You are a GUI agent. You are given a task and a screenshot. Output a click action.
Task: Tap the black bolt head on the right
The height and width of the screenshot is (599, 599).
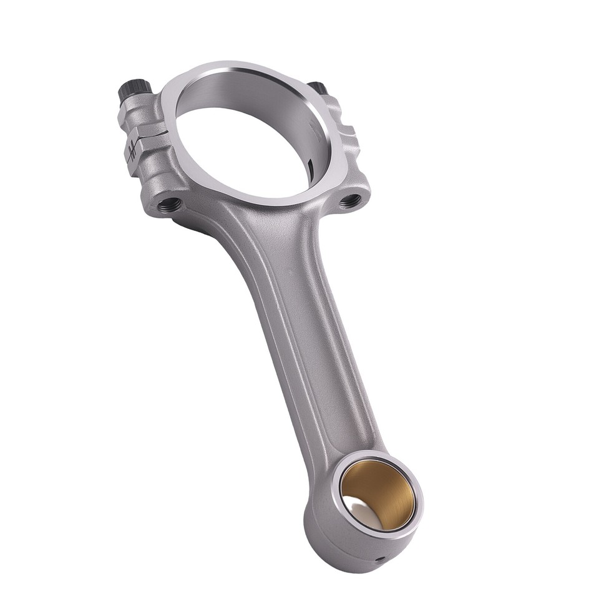(x=318, y=88)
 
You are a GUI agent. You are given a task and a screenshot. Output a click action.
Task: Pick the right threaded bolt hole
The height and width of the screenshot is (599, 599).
(x=350, y=201)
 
